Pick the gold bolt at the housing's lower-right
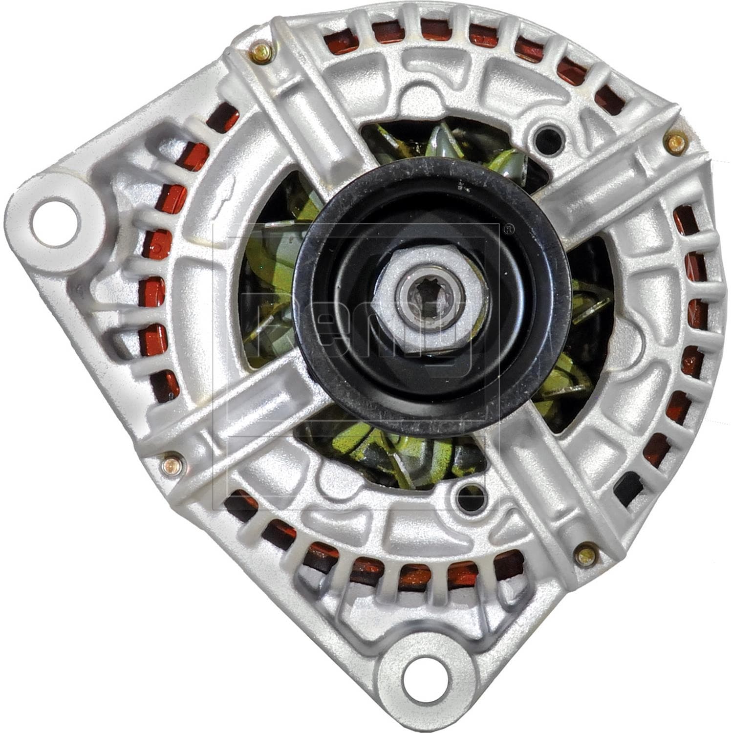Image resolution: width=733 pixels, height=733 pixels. tap(585, 555)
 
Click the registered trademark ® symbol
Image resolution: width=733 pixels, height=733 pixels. tap(508, 229)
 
